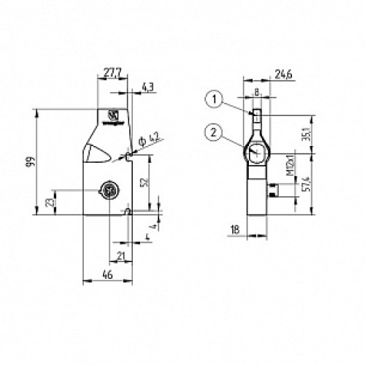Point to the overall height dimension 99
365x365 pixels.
click(28, 164)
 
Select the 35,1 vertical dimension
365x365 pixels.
click(306, 134)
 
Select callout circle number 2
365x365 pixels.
click(212, 131)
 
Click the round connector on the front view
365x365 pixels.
click(109, 191)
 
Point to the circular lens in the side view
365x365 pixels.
click(256, 152)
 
